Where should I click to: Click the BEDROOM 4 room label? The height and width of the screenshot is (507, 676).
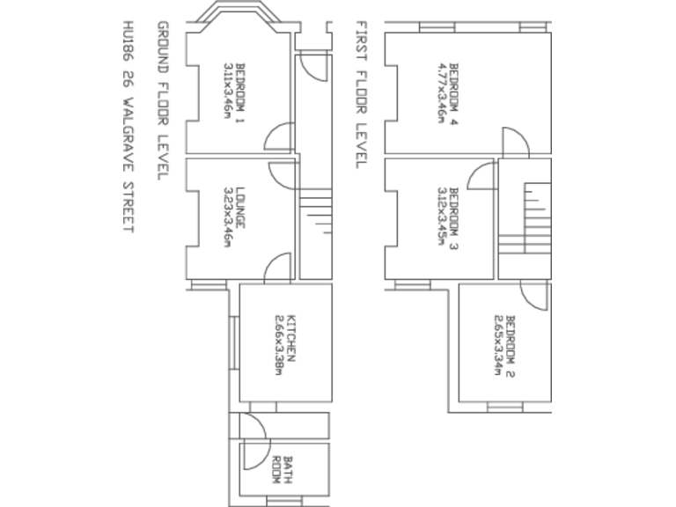tap(455, 94)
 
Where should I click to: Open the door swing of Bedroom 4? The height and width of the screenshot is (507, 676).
tap(515, 141)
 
